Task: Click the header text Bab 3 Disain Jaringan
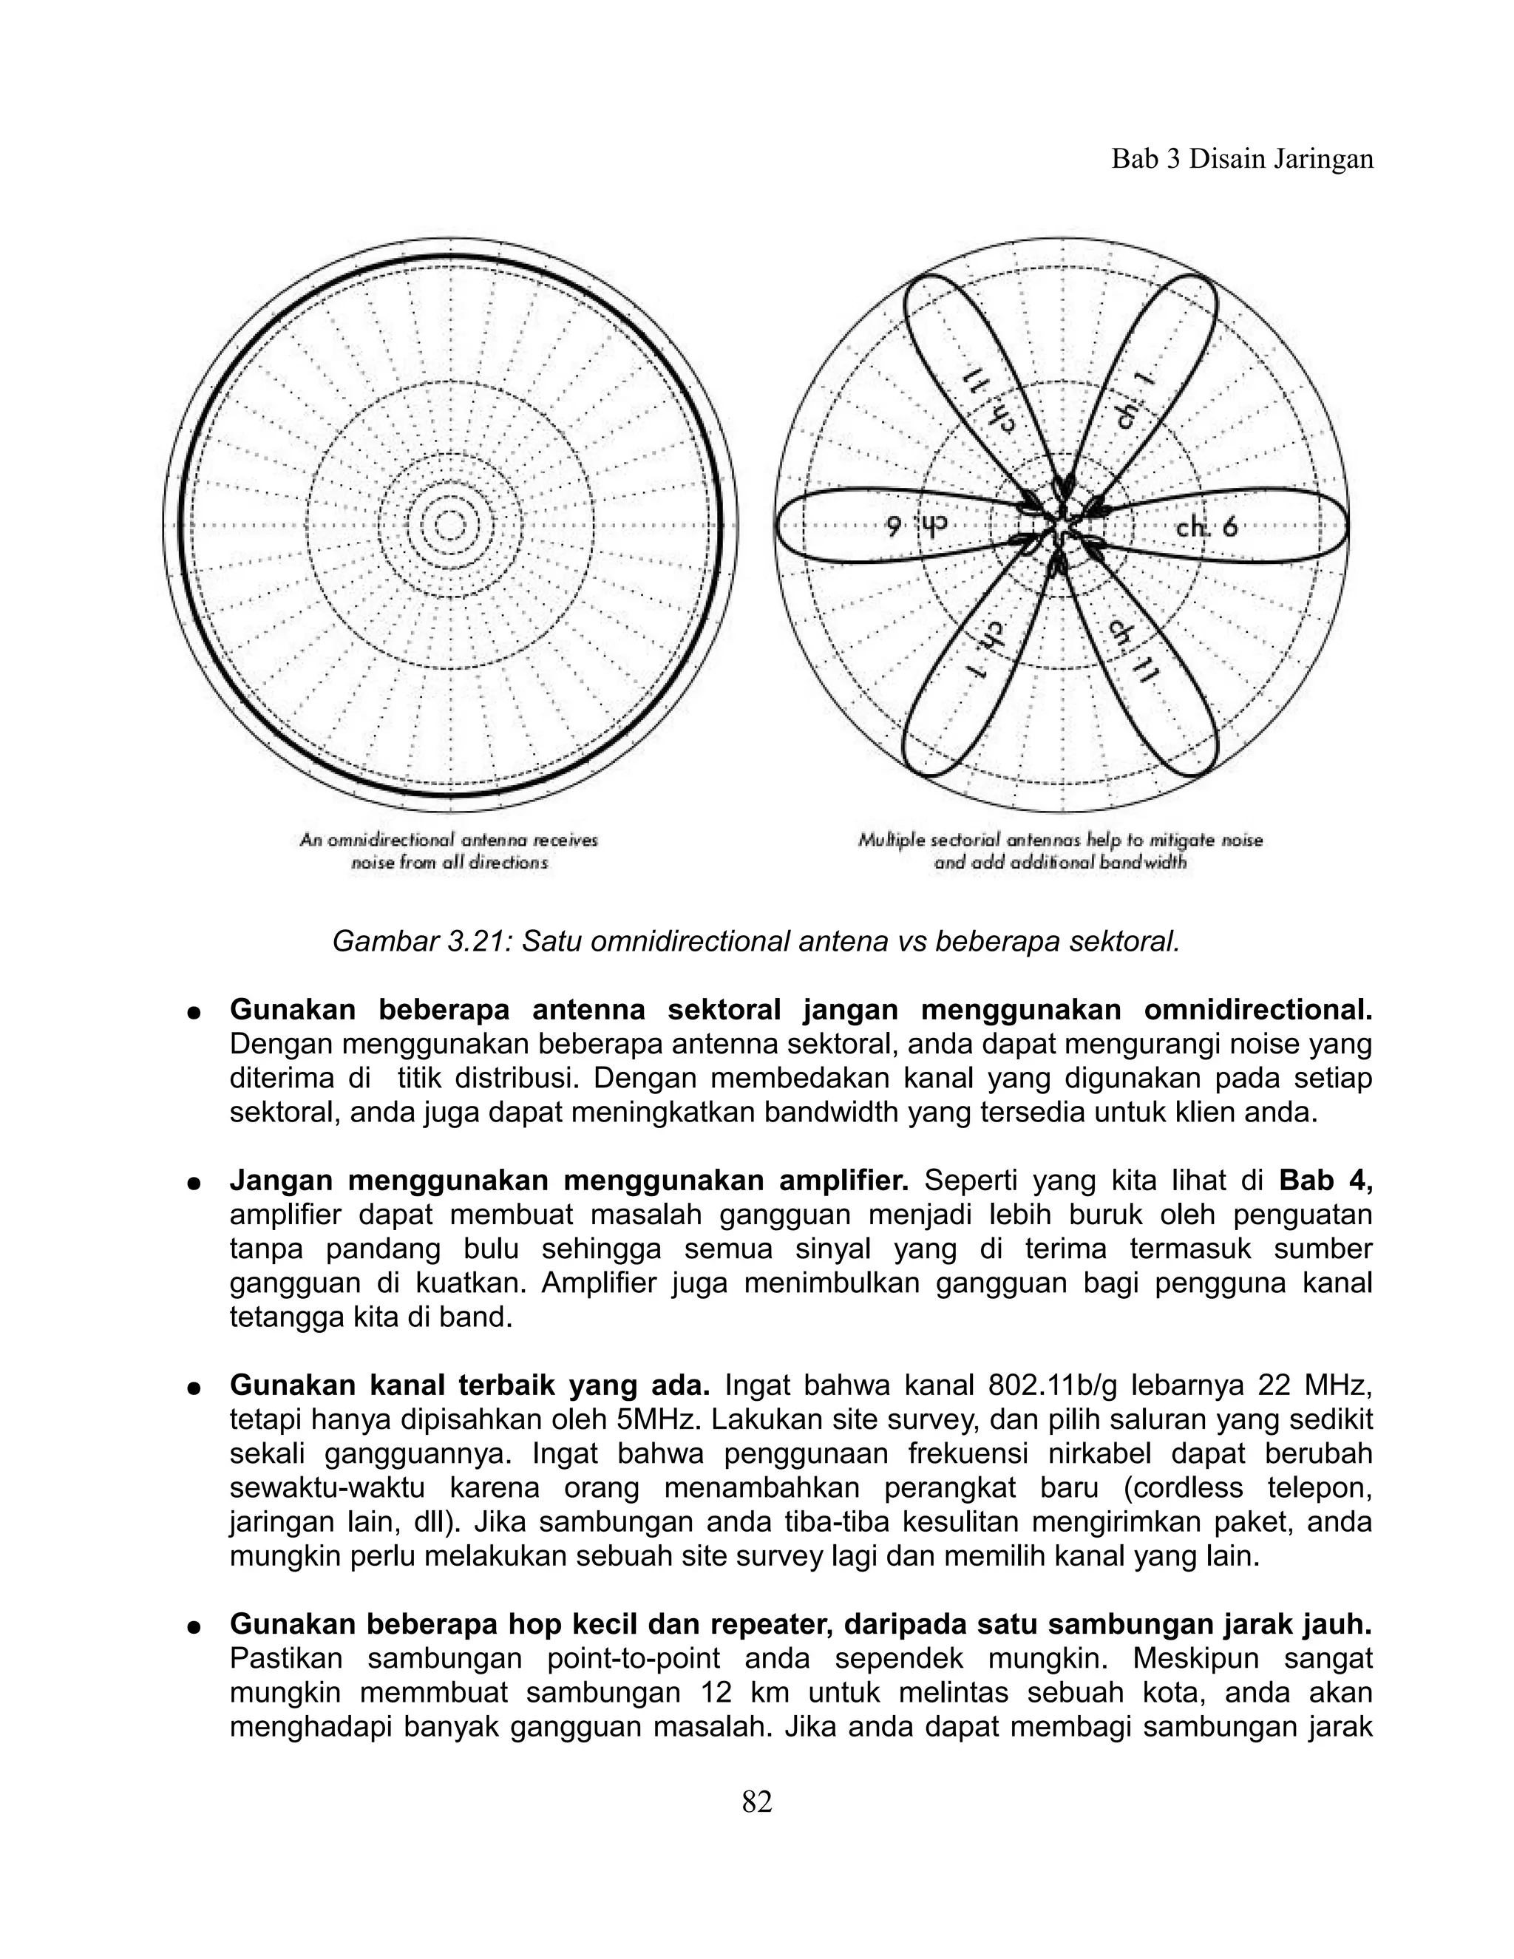click(x=1242, y=159)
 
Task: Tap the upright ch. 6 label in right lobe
click(x=1206, y=527)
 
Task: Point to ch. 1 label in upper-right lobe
click(x=1134, y=400)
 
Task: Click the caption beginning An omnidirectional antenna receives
click(x=449, y=851)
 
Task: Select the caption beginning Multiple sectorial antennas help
click(x=1060, y=851)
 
